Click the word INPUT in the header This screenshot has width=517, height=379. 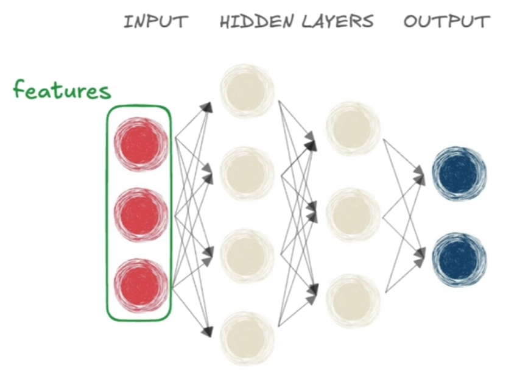tap(156, 22)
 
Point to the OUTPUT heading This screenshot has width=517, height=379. tap(446, 22)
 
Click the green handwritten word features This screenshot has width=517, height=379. tap(62, 91)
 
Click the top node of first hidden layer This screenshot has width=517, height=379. tap(247, 91)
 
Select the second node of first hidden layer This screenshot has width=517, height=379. tap(247, 173)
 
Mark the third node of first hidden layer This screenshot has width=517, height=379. tap(247, 255)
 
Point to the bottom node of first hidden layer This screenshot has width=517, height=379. tap(247, 337)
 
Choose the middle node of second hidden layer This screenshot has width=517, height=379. tap(353, 214)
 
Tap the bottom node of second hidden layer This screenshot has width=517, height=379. tap(353, 300)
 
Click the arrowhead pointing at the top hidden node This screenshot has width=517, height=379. tap(208, 107)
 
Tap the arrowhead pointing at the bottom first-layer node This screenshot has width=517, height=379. tap(208, 332)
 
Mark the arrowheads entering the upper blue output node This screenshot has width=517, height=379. tap(419, 173)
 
